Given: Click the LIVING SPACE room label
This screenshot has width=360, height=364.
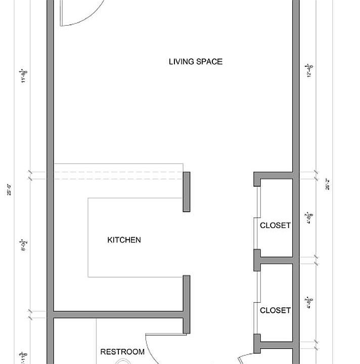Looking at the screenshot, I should [x=195, y=62].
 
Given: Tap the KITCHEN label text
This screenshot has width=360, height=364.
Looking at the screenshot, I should [x=124, y=240].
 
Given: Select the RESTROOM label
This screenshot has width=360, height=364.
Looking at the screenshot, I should [x=122, y=352].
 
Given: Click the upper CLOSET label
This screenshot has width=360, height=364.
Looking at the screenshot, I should [x=275, y=225].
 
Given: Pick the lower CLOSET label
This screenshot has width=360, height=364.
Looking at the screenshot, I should [x=275, y=310].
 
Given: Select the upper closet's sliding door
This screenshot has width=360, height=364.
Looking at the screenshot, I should [x=257, y=217].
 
